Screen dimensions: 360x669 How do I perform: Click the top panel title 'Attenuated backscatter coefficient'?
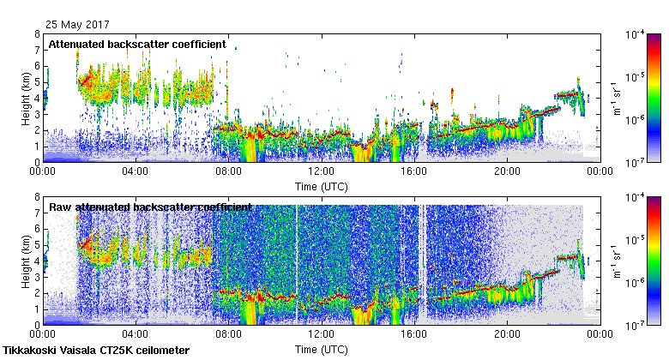[x=137, y=44]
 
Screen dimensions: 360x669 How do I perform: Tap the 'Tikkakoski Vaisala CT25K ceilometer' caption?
[x=96, y=351]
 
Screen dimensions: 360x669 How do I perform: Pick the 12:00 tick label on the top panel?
[x=321, y=171]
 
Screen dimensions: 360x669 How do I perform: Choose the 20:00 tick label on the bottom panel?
[x=506, y=335]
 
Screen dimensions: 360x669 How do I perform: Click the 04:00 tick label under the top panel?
[x=136, y=171]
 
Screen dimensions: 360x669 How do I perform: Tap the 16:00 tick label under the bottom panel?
[x=413, y=335]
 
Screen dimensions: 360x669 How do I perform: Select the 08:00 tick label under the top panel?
[x=228, y=171]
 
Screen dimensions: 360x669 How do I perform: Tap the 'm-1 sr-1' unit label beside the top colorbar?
[x=615, y=98]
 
